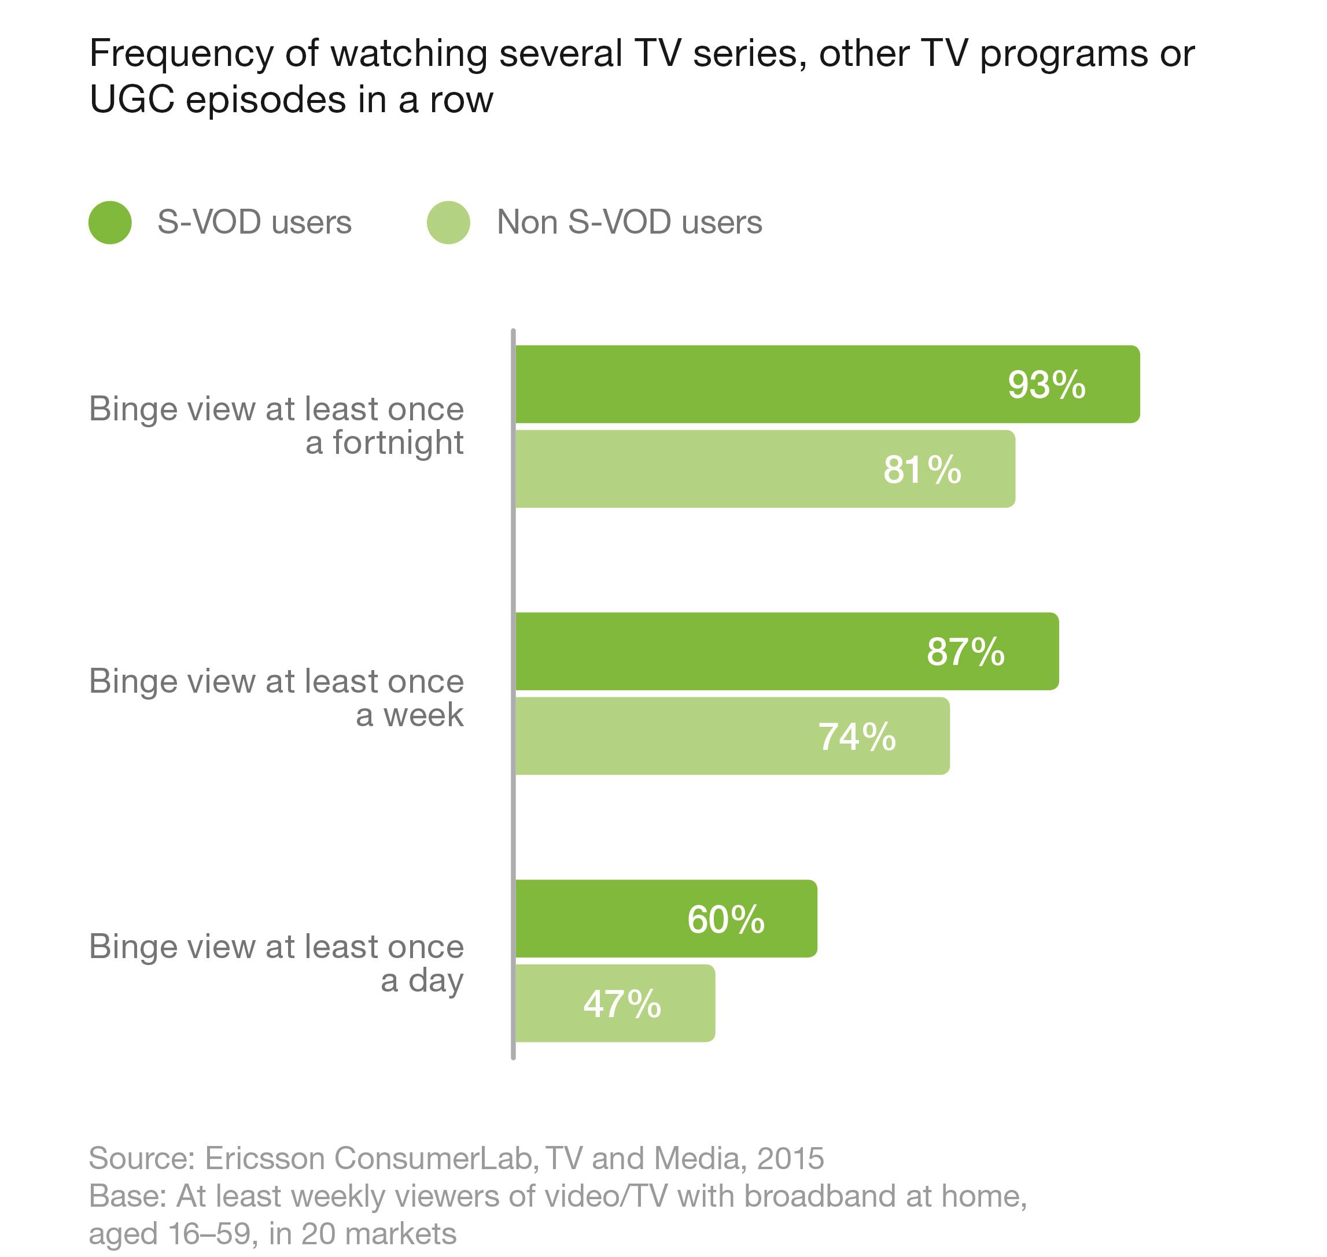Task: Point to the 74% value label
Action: click(x=857, y=737)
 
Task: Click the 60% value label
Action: click(x=725, y=919)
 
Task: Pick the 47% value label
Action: click(x=622, y=1004)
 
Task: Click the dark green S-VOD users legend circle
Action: click(x=110, y=223)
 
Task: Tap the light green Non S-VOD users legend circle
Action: click(x=448, y=223)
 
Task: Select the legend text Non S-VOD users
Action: click(x=629, y=222)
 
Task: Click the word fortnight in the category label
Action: click(x=398, y=443)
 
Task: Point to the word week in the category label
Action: click(x=423, y=715)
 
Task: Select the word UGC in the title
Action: click(x=131, y=101)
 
